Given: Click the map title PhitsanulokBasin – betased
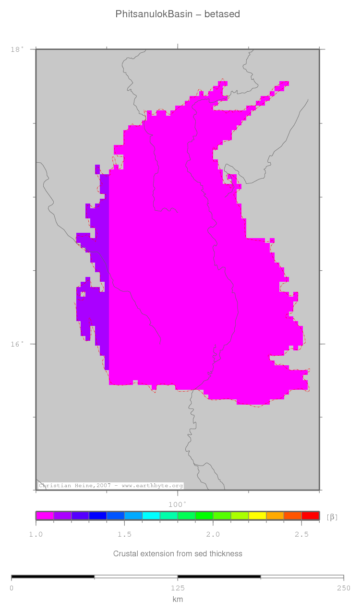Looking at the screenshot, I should click(x=178, y=14).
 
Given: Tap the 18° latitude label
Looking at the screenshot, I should click(x=17, y=49).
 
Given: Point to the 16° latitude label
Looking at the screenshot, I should click(x=17, y=344).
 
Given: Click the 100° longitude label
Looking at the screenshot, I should click(x=177, y=504).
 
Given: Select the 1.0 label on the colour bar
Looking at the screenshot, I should click(x=36, y=534).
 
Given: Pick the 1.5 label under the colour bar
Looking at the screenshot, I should click(x=124, y=534).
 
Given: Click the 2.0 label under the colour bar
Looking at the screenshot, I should click(x=213, y=534).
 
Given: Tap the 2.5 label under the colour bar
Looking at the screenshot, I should click(x=301, y=534).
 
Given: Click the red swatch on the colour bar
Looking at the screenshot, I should click(x=310, y=516).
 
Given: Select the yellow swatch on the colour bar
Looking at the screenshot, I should click(x=257, y=516).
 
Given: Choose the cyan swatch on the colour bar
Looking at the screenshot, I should click(x=151, y=516).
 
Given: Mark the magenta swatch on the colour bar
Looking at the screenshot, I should click(x=45, y=516).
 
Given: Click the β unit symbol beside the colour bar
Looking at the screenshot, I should click(x=332, y=517).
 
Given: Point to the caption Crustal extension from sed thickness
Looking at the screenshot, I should click(x=178, y=554).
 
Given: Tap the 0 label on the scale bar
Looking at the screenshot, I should click(x=12, y=588).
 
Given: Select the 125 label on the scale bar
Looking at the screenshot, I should click(x=178, y=588).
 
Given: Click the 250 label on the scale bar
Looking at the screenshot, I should click(x=343, y=588).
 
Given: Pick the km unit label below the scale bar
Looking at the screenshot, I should click(x=178, y=599).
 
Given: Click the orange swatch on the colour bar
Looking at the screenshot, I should click(x=275, y=516).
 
